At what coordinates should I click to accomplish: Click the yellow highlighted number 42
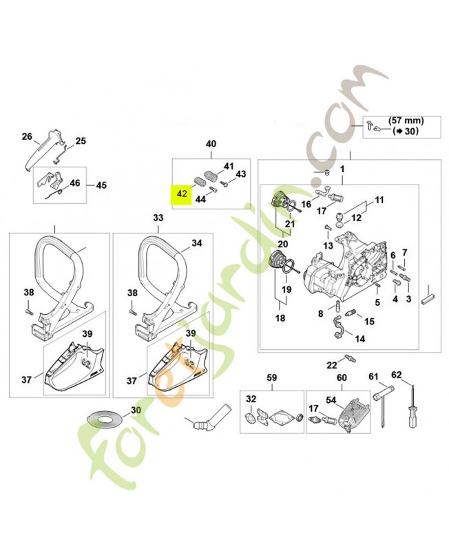pyautogui.click(x=181, y=194)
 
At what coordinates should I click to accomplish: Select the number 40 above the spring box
pyautogui.click(x=211, y=144)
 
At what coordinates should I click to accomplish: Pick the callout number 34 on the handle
pyautogui.click(x=197, y=243)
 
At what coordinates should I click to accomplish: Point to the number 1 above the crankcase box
pyautogui.click(x=342, y=169)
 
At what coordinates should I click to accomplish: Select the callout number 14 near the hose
pyautogui.click(x=359, y=339)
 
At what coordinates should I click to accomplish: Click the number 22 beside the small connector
pyautogui.click(x=332, y=364)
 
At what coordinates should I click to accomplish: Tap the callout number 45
pyautogui.click(x=101, y=185)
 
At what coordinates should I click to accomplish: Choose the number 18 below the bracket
pyautogui.click(x=280, y=318)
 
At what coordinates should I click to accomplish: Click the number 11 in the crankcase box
pyautogui.click(x=378, y=200)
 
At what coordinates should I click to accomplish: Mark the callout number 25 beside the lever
pyautogui.click(x=81, y=141)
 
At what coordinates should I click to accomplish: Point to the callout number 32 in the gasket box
pyautogui.click(x=251, y=399)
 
